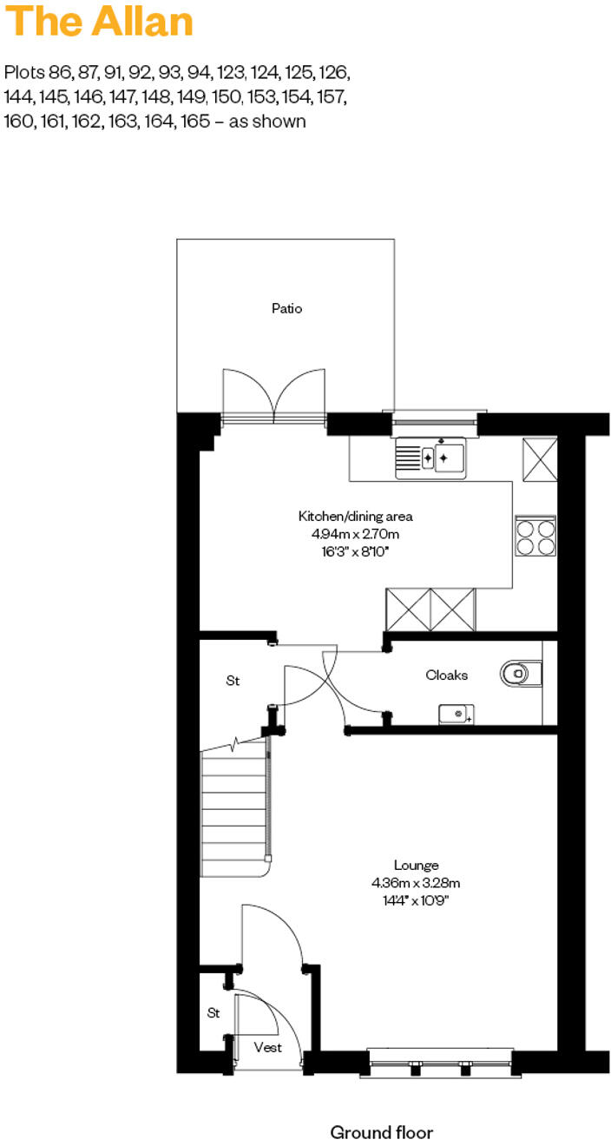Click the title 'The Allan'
tap(99, 22)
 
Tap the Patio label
tap(286, 308)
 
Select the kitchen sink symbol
tap(431, 457)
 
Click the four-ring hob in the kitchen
tap(535, 536)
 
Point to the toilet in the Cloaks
tap(521, 672)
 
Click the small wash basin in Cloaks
tap(456, 715)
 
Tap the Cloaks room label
tap(447, 675)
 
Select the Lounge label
tap(416, 865)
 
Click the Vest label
tap(267, 1047)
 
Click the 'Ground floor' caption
tap(381, 1132)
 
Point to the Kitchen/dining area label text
tap(350, 517)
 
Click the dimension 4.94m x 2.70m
tap(350, 533)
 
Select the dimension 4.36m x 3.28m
tap(416, 883)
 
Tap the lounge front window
tap(441, 1062)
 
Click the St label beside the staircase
tap(233, 682)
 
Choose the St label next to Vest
tap(213, 1012)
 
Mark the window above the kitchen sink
tap(435, 423)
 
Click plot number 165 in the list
tap(194, 121)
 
